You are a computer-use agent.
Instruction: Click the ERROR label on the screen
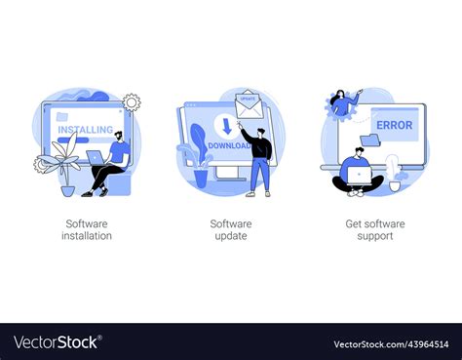[394, 125]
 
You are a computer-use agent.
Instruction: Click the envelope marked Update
[250, 102]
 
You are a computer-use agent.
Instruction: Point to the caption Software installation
[88, 229]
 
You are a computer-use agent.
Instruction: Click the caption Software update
[231, 229]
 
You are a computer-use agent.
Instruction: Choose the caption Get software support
[374, 229]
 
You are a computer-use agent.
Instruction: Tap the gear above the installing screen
[131, 101]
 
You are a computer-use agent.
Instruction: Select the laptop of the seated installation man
[97, 156]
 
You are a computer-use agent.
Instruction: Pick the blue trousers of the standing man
[258, 174]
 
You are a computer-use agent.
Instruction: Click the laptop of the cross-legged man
[360, 176]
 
